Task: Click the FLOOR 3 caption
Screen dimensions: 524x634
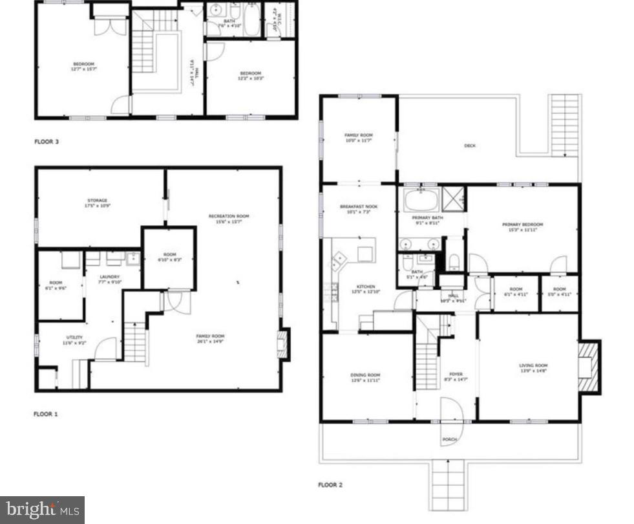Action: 46,140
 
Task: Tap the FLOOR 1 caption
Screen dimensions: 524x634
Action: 46,413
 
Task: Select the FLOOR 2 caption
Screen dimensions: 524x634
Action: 330,485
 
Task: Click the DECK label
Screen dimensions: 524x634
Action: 470,146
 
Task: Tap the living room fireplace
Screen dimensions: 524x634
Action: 588,367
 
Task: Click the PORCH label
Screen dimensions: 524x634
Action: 449,440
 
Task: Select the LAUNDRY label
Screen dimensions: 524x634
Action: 109,278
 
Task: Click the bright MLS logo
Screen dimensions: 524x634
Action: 42,510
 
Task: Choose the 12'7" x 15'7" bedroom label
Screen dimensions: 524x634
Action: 83,66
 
